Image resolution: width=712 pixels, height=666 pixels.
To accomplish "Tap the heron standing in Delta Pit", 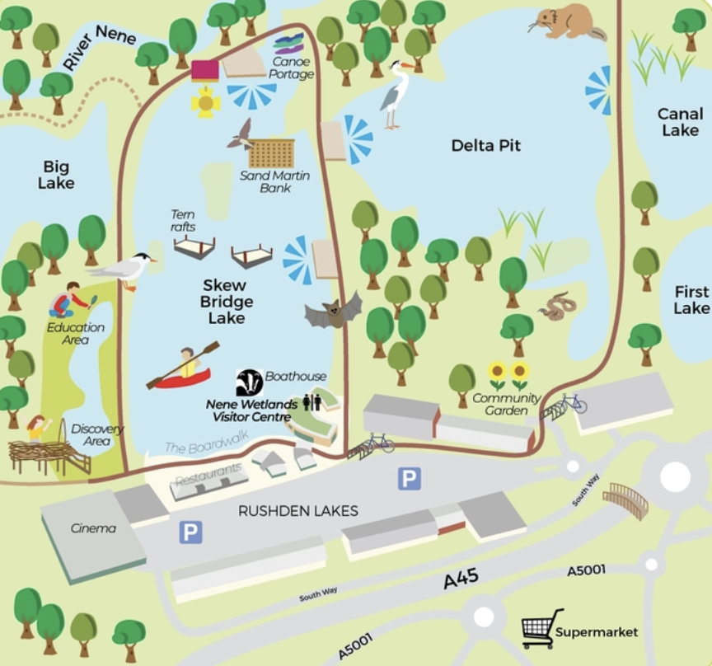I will point(396,94).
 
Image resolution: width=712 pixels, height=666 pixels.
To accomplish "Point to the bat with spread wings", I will point(333,312).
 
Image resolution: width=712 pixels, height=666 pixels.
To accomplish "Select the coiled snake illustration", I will point(558,307).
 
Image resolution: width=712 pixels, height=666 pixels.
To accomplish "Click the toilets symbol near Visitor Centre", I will point(311,401).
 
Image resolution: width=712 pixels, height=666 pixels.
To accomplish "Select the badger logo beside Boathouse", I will point(249,382).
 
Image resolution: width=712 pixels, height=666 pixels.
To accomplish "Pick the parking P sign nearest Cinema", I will point(190,532).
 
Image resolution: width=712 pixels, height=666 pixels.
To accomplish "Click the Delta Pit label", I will point(486,146).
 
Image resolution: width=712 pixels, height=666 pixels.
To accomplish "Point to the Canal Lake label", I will point(678,122).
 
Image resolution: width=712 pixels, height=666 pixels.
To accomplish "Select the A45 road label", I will point(461,580).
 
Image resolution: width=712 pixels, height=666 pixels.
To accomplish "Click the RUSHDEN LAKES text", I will point(297,511).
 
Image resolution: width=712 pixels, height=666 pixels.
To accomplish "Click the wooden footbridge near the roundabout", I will point(625,499).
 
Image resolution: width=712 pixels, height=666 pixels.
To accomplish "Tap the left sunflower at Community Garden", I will point(497,375).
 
